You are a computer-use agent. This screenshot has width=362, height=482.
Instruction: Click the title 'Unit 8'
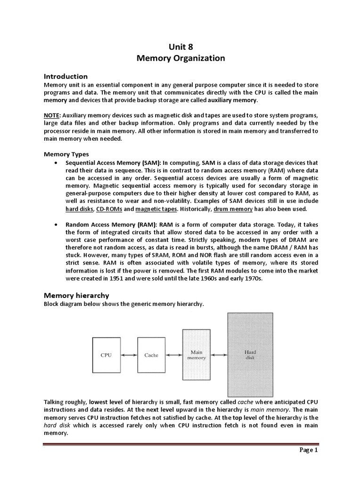181,46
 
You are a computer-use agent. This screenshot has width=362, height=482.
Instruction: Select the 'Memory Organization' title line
181,58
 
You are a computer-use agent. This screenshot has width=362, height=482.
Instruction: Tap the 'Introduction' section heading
66,76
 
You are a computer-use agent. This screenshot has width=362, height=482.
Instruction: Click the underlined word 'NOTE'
52,116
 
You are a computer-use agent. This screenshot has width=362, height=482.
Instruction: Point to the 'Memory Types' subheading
66,154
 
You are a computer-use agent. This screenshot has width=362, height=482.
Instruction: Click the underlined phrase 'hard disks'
79,209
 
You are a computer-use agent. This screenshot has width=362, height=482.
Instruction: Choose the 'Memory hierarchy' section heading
76,296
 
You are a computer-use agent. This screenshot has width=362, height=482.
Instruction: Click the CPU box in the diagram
106,355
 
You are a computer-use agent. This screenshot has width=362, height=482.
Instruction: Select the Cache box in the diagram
151,355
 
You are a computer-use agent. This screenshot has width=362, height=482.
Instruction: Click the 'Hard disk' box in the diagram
250,355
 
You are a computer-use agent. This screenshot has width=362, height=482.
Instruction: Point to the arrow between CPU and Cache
129,355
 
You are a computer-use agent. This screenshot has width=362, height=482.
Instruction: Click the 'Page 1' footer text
309,450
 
